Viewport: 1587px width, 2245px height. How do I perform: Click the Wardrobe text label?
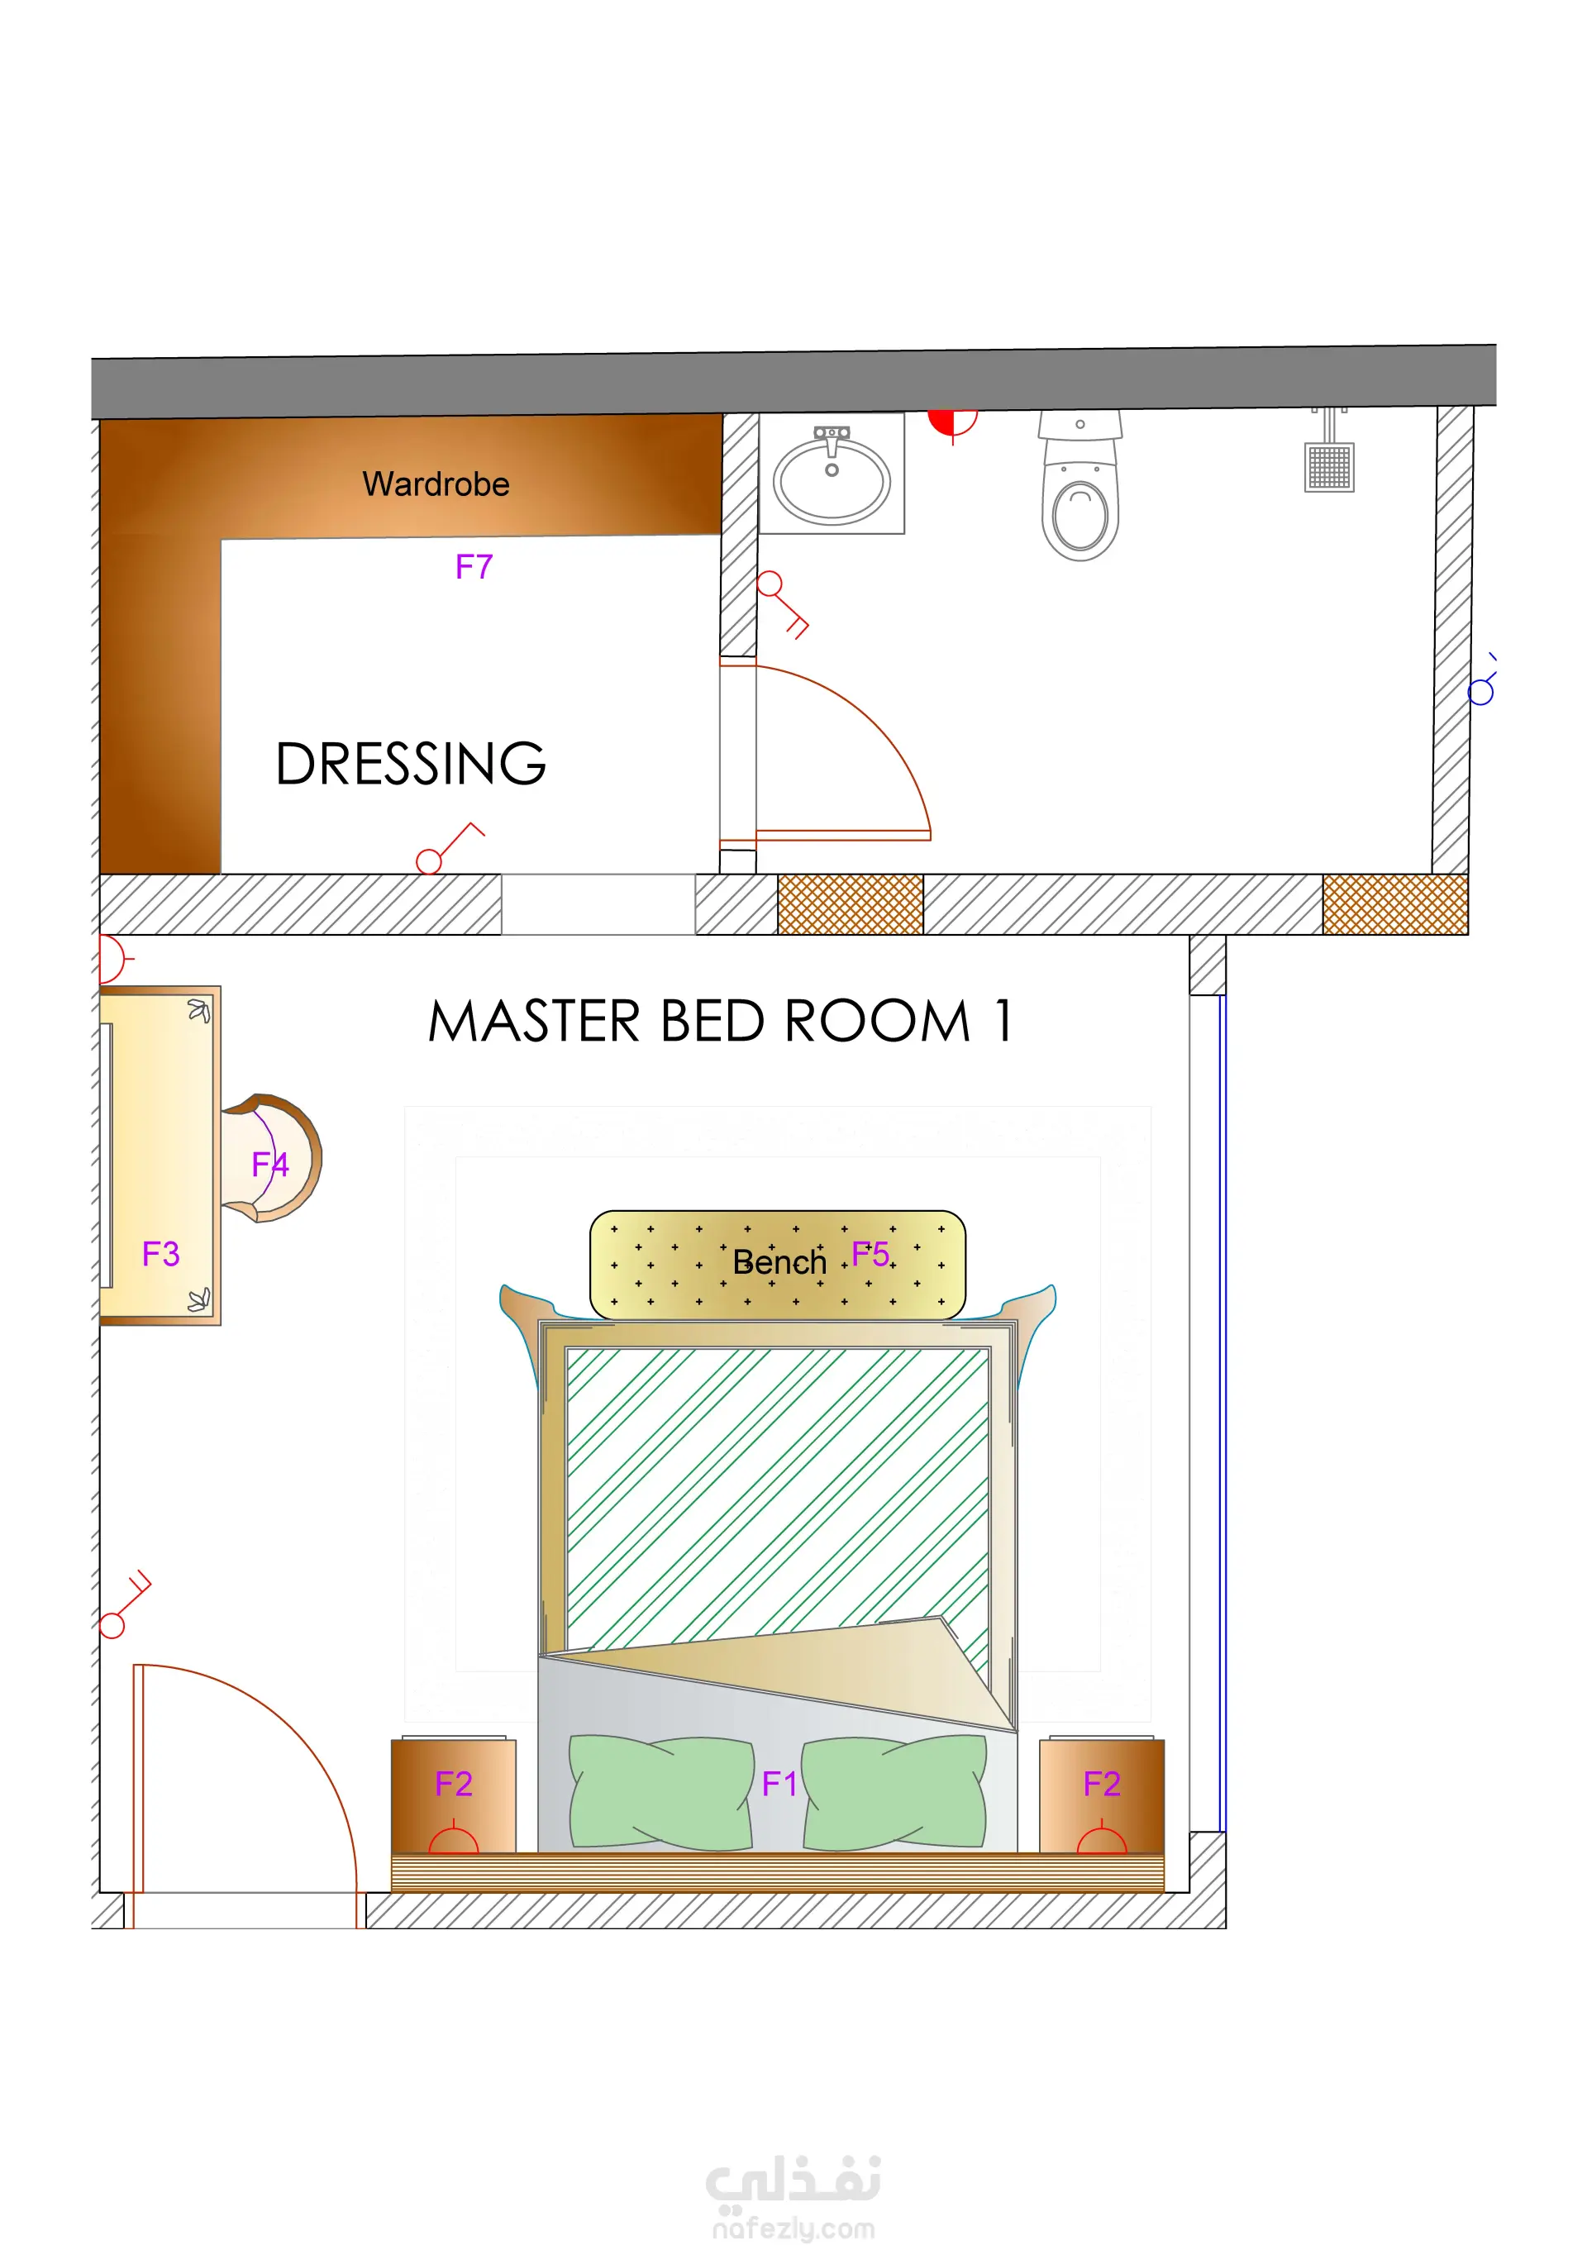tap(436, 484)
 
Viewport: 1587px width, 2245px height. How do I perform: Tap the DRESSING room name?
tap(411, 764)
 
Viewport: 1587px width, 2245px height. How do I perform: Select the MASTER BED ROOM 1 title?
tap(720, 1021)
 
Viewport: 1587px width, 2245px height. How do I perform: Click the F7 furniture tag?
tap(474, 567)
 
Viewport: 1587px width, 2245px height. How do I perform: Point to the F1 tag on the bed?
tap(779, 1785)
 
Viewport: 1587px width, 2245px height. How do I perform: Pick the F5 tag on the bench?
tap(870, 1254)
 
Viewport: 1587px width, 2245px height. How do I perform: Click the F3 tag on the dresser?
tap(161, 1254)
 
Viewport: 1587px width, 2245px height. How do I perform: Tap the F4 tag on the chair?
tap(270, 1165)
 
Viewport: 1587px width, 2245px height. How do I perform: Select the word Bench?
tap(779, 1262)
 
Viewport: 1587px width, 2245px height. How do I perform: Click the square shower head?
tap(1329, 467)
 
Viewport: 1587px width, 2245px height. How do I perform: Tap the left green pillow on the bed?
tap(662, 1793)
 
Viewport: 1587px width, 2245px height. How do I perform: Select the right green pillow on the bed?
tap(894, 1793)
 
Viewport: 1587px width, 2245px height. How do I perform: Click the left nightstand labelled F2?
tap(454, 1795)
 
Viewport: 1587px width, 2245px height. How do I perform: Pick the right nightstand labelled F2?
tap(1101, 1795)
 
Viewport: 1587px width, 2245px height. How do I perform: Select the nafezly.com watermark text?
tap(793, 2228)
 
